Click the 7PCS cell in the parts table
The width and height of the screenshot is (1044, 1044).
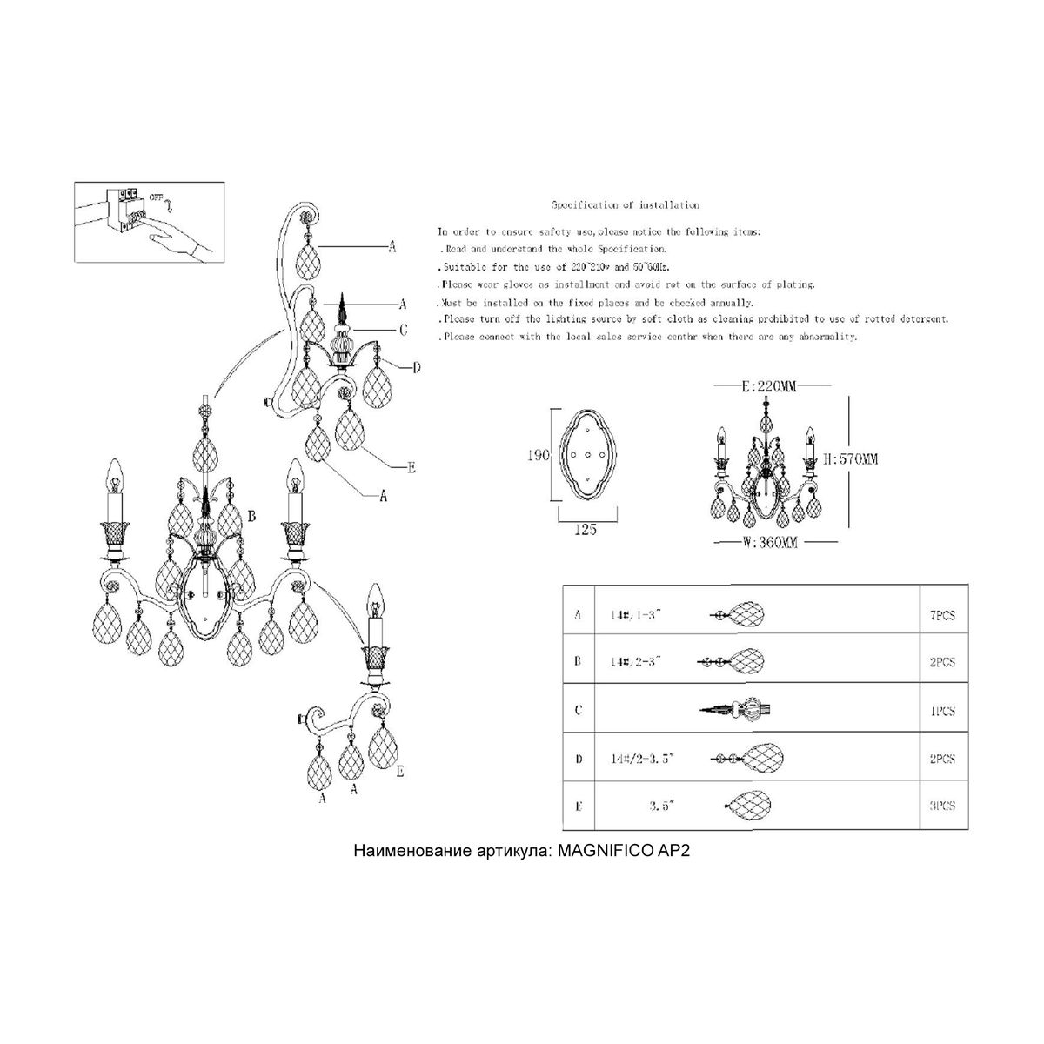point(942,615)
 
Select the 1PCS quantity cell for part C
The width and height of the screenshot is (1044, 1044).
point(942,711)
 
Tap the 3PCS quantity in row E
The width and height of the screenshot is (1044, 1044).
point(942,806)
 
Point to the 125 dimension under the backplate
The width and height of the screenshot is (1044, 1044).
point(587,530)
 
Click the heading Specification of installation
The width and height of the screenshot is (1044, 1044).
point(626,205)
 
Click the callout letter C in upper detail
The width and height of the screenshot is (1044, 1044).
point(404,330)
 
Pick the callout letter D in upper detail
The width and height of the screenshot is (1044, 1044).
point(416,368)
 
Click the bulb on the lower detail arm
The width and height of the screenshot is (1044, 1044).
point(376,600)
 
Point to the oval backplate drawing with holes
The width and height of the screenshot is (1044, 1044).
point(588,456)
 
